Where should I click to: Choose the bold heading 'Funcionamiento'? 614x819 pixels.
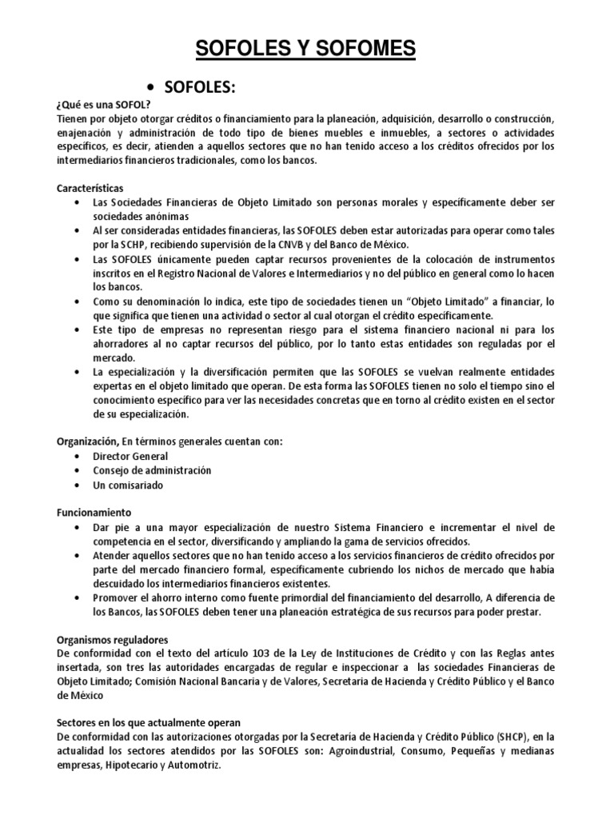point(94,512)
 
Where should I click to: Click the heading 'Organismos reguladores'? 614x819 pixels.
point(112,639)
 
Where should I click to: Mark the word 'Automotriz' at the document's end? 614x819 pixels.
point(191,765)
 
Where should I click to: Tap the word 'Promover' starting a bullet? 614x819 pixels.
point(118,598)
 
